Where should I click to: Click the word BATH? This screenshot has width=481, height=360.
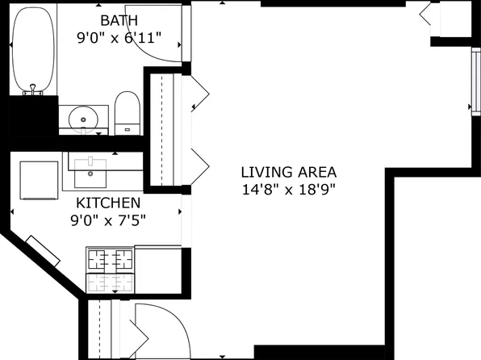tap(119, 19)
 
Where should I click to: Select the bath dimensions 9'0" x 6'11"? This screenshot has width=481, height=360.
tap(119, 36)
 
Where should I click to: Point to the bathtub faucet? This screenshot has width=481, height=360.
tap(33, 90)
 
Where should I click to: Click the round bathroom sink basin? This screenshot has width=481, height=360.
tap(84, 119)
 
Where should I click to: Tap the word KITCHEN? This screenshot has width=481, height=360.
tap(107, 203)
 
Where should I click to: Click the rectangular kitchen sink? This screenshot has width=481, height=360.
tap(90, 167)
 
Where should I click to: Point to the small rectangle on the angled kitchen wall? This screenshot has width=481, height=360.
tap(44, 249)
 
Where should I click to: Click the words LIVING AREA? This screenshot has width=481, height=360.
tap(288, 172)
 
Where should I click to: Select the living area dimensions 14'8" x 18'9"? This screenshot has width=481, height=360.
tap(288, 190)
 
